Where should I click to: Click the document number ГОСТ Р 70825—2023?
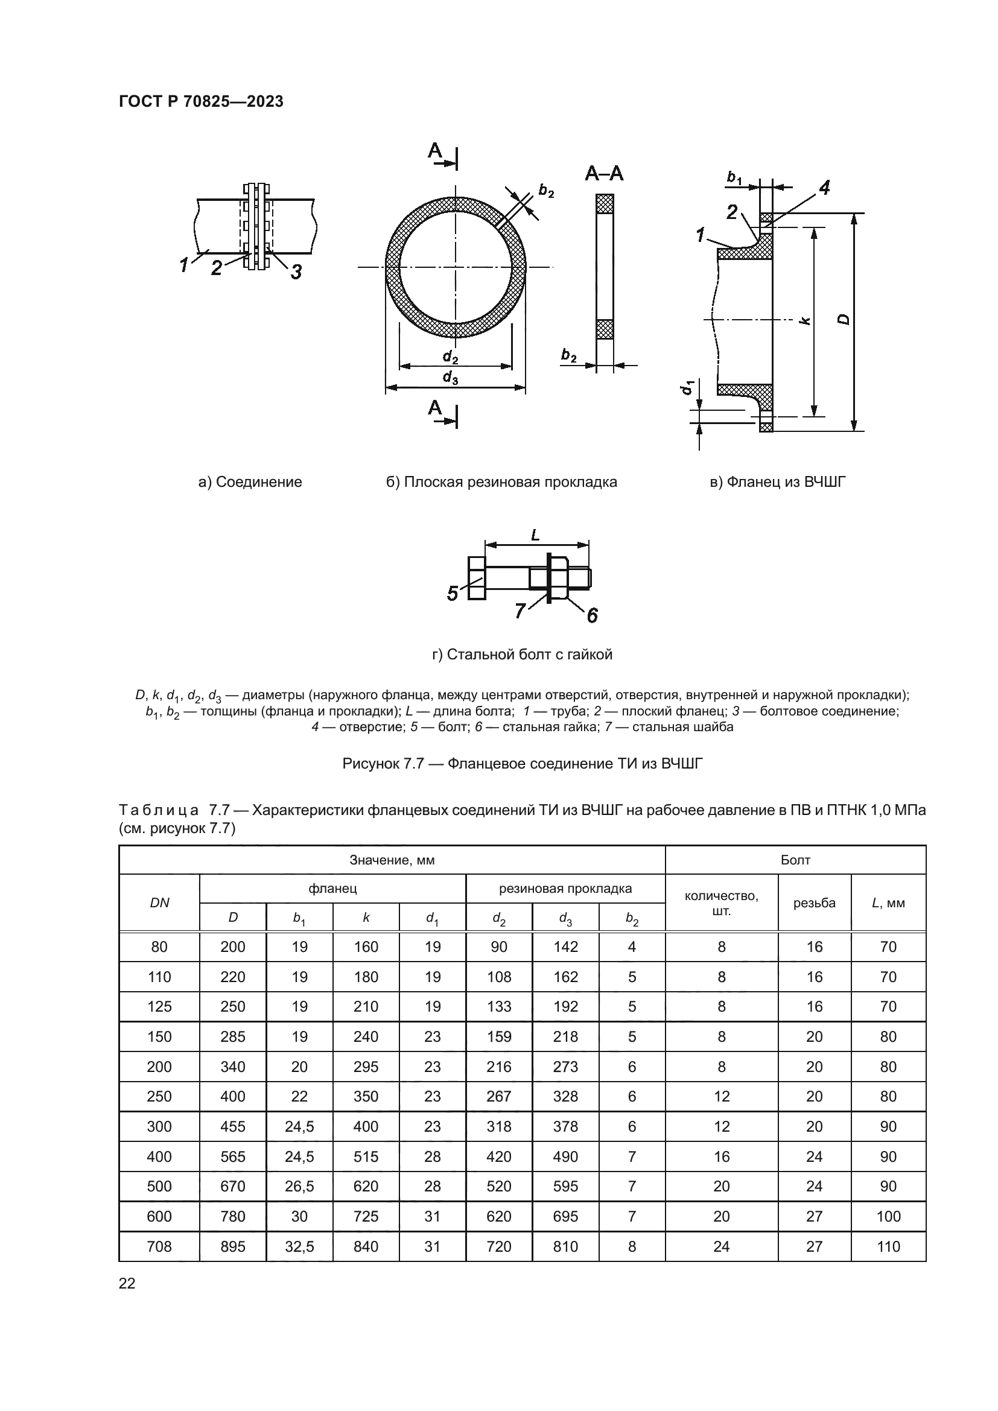(x=201, y=102)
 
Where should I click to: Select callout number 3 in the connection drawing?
(x=296, y=271)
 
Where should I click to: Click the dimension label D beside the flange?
(x=844, y=319)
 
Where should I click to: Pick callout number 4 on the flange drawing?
(x=824, y=188)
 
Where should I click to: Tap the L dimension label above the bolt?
(x=535, y=535)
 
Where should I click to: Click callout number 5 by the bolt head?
(x=453, y=594)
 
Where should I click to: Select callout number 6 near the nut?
(x=592, y=615)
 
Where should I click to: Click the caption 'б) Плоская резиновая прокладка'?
(x=501, y=482)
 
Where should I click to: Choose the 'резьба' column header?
(x=813, y=903)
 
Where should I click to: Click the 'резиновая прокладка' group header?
(x=565, y=888)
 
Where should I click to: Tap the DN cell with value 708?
(x=159, y=1246)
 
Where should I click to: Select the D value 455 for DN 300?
(x=232, y=1126)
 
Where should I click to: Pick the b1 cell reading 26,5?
(x=299, y=1186)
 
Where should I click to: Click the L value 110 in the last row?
(x=888, y=1246)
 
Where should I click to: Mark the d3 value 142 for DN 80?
(x=565, y=947)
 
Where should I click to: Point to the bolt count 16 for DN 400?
(x=721, y=1156)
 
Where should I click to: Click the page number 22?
(x=127, y=1283)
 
